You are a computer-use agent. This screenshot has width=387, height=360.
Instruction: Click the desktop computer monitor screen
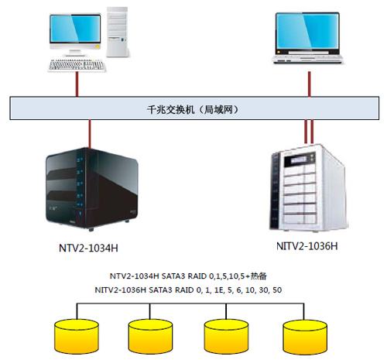pos(75,29)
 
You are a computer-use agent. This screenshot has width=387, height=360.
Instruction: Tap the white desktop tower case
pos(118,32)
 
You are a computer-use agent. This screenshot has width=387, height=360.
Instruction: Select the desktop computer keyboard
pos(77,65)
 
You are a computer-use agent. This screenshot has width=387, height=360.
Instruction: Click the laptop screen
pos(307,31)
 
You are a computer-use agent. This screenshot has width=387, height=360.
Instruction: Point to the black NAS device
pos(92,189)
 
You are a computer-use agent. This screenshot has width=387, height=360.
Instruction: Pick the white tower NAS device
pos(309,188)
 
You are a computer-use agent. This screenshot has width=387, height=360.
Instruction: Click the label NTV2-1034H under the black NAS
pos(88,249)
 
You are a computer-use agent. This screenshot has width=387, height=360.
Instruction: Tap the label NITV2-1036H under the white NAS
pos(307,246)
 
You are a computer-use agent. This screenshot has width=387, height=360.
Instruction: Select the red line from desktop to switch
pos(77,84)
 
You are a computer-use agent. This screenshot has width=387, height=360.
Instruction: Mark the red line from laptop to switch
pos(310,84)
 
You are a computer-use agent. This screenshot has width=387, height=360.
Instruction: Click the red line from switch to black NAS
pos(90,134)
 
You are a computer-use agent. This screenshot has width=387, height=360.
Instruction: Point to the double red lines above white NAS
pos(309,132)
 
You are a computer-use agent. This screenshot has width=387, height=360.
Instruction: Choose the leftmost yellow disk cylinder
pos(77,336)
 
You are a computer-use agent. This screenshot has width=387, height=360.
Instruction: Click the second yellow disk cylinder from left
pos(150,336)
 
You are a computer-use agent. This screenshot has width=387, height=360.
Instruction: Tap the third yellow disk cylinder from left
pos(226,336)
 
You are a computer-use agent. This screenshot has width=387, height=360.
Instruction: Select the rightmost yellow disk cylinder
pos(305,337)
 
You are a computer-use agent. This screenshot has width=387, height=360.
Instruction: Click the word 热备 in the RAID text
pos(259,276)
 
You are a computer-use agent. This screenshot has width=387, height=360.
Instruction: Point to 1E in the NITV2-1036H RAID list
pos(218,290)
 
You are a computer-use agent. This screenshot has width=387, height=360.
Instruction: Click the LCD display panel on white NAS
pos(299,160)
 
